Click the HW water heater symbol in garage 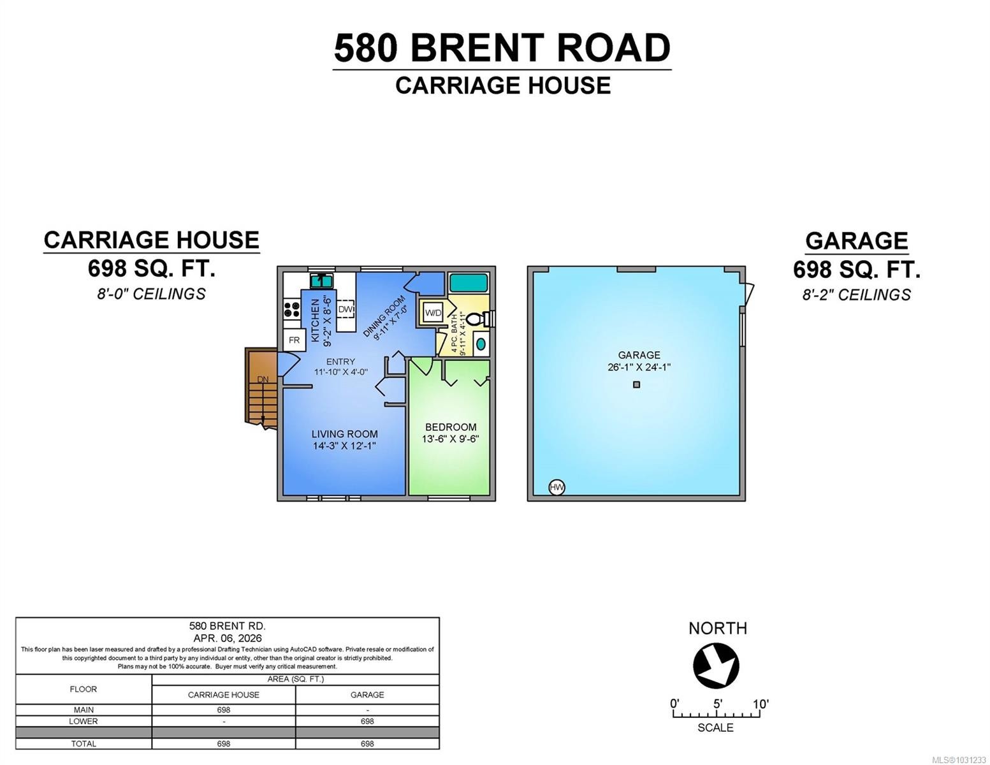point(557,488)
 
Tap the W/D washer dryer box point(433,312)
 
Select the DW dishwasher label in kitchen point(346,309)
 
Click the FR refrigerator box point(294,340)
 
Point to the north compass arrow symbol point(716,666)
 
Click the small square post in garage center point(636,384)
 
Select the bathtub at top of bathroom point(467,282)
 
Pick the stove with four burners point(292,310)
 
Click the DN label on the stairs point(263,379)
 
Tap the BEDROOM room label point(451,427)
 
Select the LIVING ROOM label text point(344,434)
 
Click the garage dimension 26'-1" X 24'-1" point(639,367)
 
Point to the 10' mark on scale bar point(760,704)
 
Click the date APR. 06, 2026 point(228,638)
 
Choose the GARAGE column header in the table point(367,695)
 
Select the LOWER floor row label point(84,722)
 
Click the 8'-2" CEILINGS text point(856,295)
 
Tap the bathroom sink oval point(480,344)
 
